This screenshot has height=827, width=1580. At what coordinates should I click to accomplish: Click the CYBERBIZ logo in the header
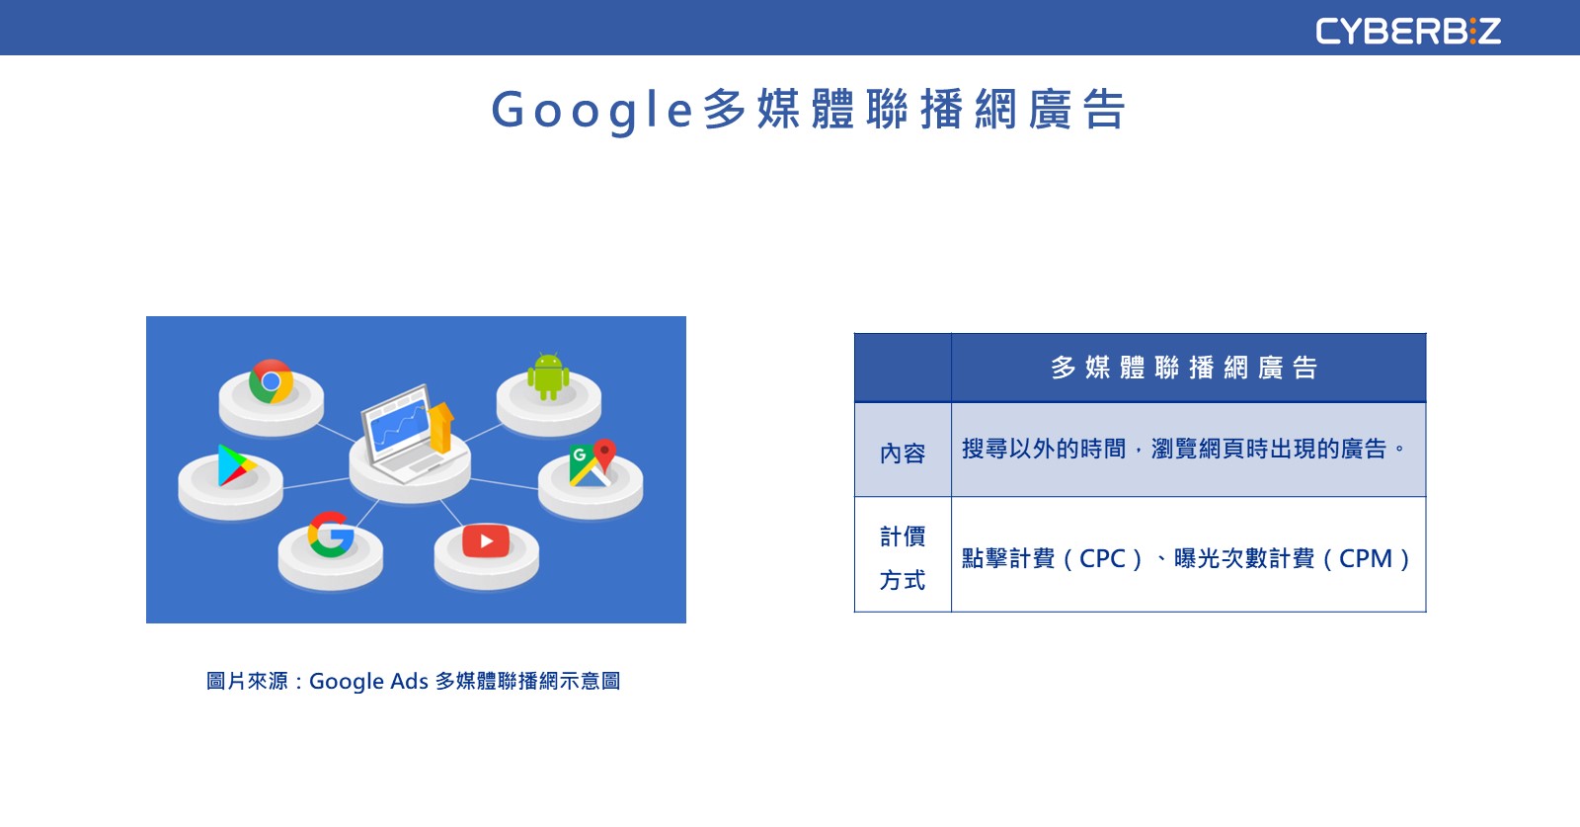point(1408,31)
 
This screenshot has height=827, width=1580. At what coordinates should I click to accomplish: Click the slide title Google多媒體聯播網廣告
point(809,110)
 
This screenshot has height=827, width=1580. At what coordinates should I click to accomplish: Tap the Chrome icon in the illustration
point(271,381)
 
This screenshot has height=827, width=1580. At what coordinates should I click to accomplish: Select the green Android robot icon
point(548,376)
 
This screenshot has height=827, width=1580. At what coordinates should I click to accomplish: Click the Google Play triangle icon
point(236,465)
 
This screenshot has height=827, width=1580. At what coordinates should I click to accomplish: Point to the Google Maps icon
point(592,462)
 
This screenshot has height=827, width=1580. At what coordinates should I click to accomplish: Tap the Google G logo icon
point(331,535)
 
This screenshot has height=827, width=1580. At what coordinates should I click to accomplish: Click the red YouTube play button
point(486,541)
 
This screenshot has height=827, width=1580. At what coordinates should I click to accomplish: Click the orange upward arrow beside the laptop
point(440,427)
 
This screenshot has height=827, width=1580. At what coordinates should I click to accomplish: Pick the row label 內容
point(903,453)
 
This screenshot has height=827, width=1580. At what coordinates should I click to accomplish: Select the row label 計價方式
point(903,557)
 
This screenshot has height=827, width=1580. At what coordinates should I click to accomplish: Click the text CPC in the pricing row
point(1102,559)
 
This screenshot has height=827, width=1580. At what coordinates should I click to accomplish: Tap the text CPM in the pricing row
point(1366,559)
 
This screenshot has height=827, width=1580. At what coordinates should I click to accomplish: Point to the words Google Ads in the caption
point(369,682)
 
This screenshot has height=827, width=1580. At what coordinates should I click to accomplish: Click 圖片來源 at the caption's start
point(247,681)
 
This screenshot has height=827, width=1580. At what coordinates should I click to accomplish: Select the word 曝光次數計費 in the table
point(1244,559)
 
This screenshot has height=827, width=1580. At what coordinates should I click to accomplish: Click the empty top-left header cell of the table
point(903,368)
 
